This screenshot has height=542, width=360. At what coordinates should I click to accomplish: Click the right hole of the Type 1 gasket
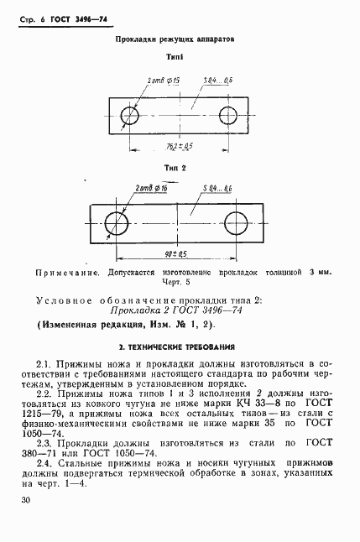[229, 114]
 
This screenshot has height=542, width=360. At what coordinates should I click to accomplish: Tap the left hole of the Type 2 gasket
[117, 222]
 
